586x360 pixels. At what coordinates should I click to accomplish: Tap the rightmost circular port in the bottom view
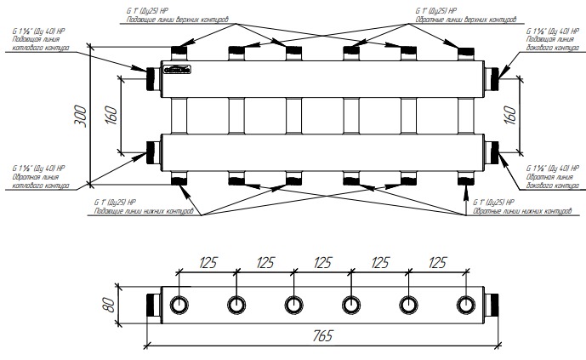click(466, 305)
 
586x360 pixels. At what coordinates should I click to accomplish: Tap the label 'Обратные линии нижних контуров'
click(517, 211)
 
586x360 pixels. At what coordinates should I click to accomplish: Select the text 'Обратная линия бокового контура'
click(553, 180)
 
